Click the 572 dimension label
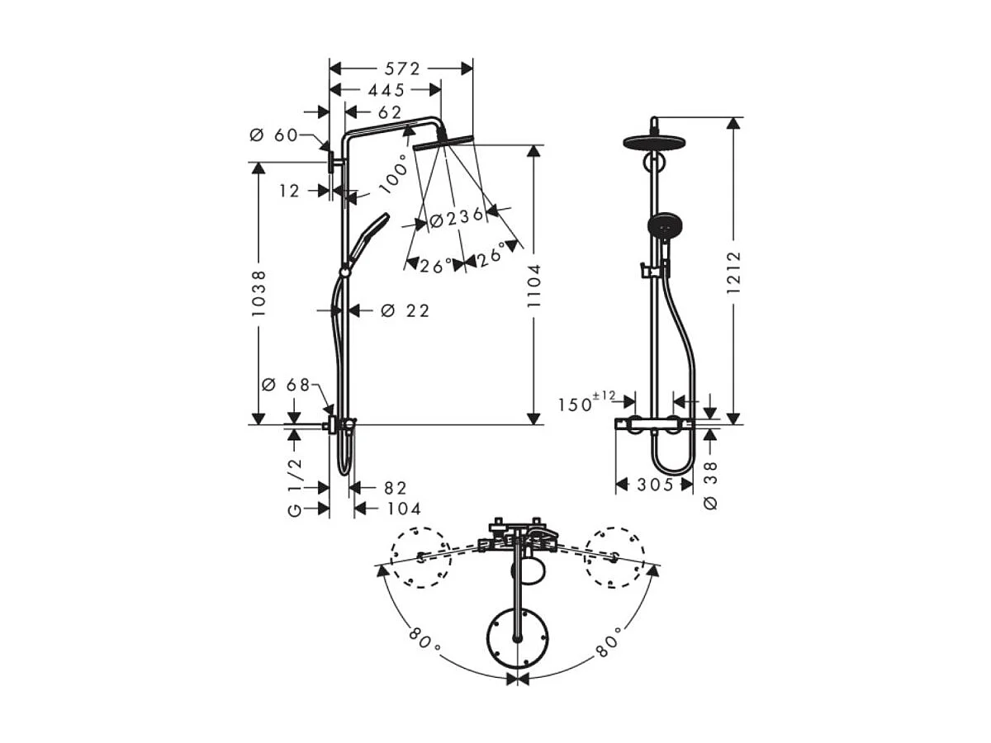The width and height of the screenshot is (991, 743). tap(402, 69)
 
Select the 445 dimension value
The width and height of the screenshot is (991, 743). tap(386, 90)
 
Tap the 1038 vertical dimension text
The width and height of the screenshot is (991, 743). tap(258, 294)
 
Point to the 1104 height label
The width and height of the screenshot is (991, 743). tap(533, 286)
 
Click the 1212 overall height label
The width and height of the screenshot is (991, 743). tap(733, 272)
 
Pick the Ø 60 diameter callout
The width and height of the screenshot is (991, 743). tap(274, 135)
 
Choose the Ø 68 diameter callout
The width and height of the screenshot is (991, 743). tap(286, 385)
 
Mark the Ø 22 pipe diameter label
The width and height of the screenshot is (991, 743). tap(405, 310)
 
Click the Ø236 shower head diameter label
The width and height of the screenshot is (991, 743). tap(457, 218)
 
